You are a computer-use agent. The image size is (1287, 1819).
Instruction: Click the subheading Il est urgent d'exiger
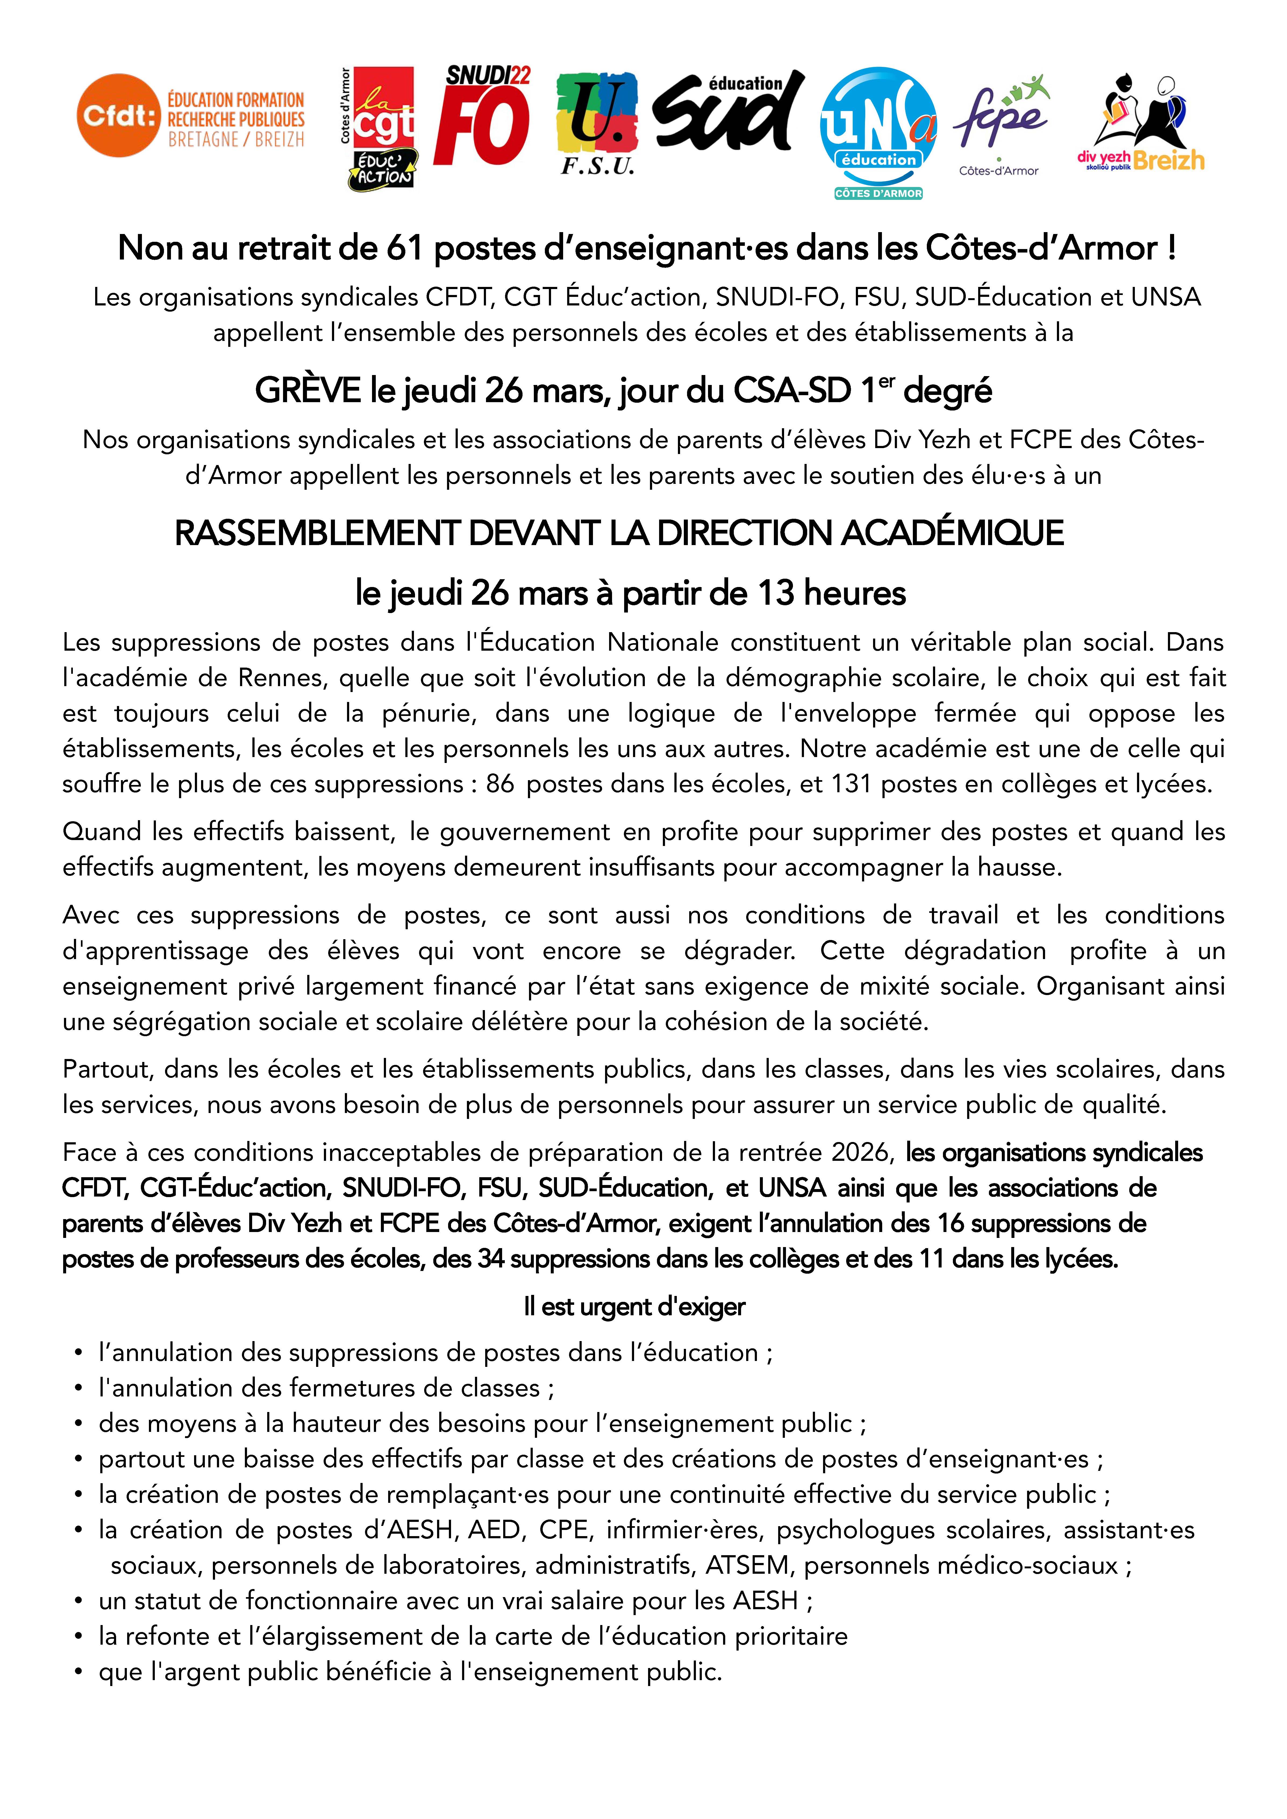click(634, 1306)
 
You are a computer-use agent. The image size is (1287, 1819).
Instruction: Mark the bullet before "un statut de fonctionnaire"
click(78, 1601)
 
